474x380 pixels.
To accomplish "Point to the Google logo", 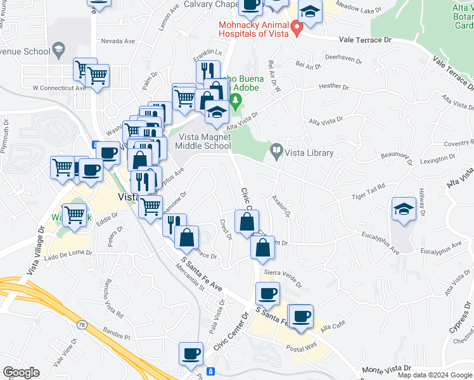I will [x=21, y=372].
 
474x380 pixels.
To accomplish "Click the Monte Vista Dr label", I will [x=387, y=369].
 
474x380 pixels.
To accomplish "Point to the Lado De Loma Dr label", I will [x=68, y=253].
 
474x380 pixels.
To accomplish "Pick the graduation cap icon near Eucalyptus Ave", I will [x=404, y=209].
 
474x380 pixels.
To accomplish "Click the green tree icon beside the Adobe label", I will [x=236, y=100].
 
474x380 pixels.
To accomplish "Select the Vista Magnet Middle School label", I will [x=204, y=141].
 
